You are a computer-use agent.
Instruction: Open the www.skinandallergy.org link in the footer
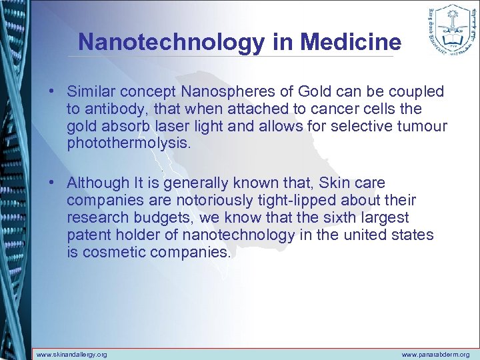click(x=71, y=354)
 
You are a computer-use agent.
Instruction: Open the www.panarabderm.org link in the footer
click(x=435, y=354)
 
